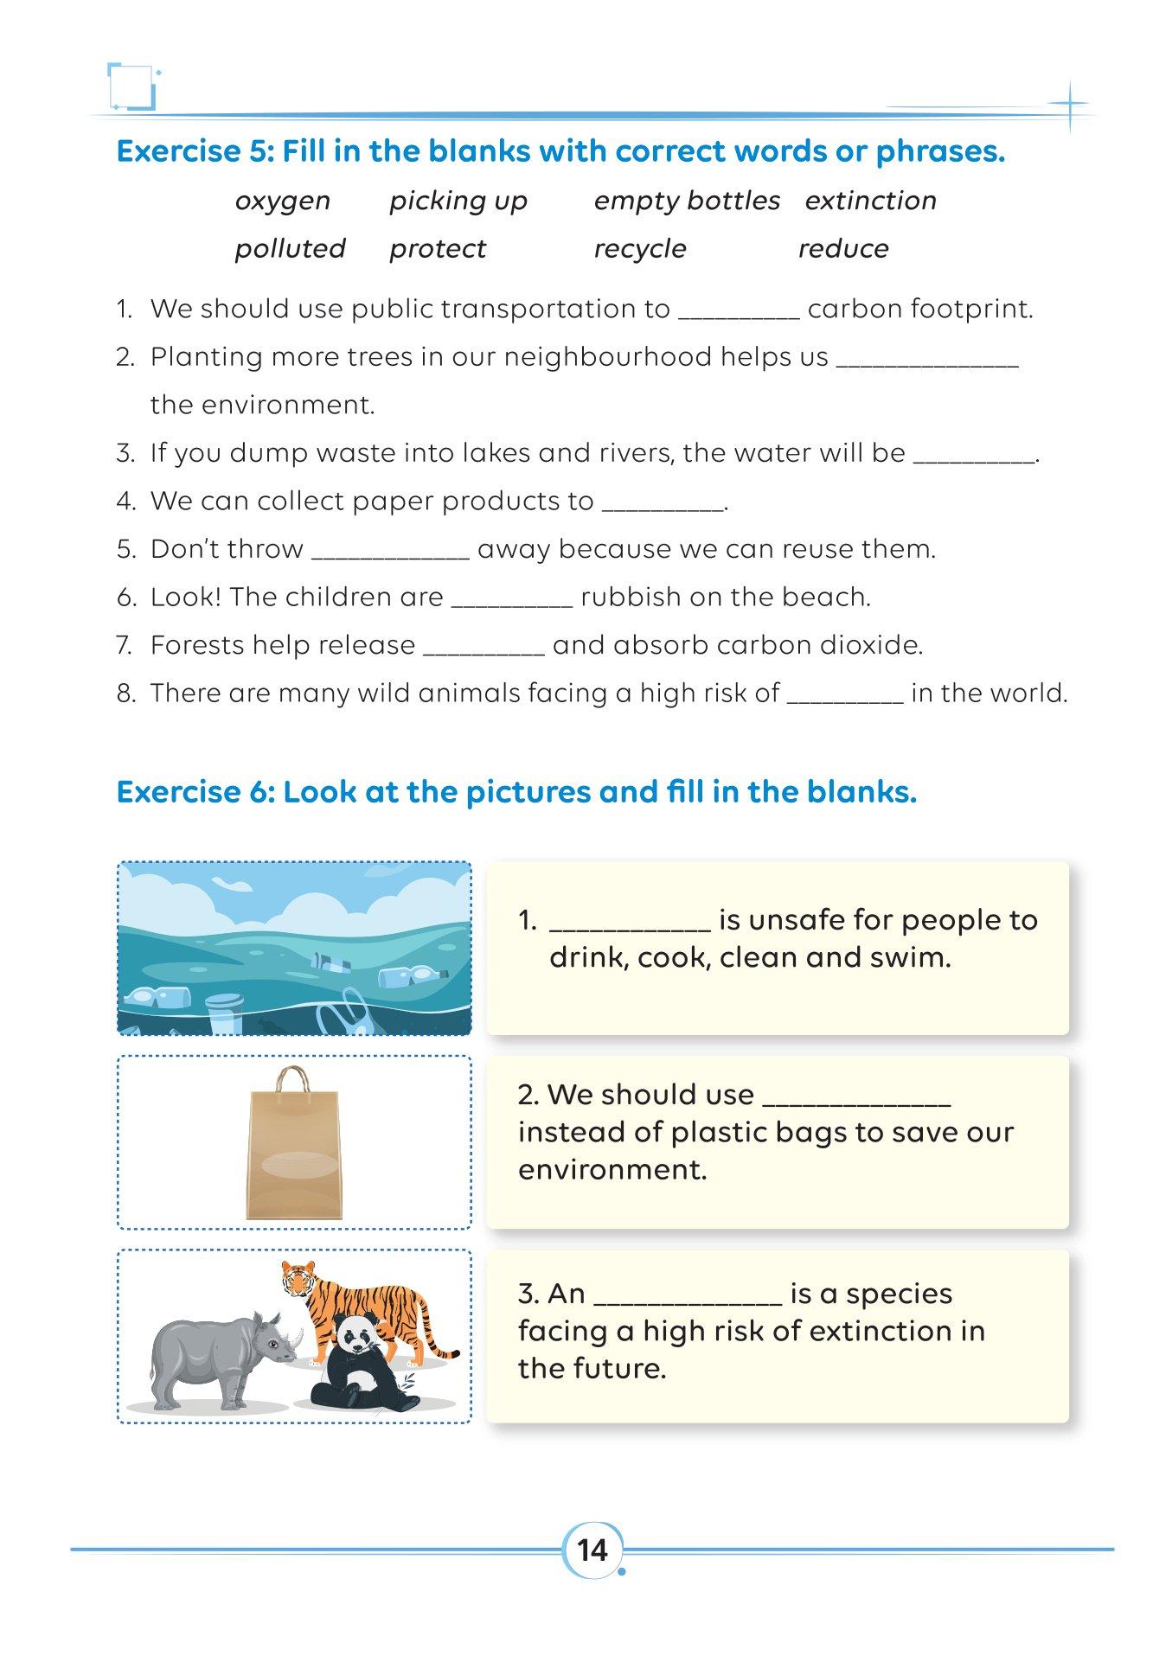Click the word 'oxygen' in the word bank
282,201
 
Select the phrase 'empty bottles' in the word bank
687,201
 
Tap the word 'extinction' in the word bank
870,201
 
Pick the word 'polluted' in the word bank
290,249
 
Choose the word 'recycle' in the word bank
639,249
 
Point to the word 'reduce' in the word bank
842,249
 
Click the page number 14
592,1550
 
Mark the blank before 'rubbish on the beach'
511,603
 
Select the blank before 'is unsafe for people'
630,926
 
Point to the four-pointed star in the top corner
1070,106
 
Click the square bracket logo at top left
131,86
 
